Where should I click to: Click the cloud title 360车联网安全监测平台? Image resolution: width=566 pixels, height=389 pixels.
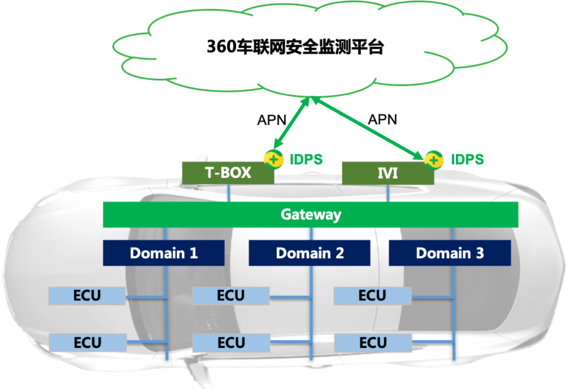click(294, 47)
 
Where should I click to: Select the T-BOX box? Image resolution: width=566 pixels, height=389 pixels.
click(228, 173)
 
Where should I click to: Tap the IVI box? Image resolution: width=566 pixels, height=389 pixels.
click(387, 173)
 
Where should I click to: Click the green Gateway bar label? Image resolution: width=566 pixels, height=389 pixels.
click(310, 214)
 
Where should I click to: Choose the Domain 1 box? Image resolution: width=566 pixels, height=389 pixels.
click(164, 253)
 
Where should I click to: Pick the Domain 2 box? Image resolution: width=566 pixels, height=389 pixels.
click(309, 253)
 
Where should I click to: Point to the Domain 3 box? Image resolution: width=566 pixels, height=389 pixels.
click(450, 253)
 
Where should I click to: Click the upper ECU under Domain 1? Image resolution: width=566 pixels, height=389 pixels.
click(87, 295)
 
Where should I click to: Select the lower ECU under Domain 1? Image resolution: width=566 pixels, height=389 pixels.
click(87, 343)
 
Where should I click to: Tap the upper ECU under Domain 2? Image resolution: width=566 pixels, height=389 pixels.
click(231, 295)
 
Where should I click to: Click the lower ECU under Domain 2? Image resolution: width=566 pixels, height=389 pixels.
click(231, 343)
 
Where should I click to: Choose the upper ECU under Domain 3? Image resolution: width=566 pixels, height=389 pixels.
click(372, 295)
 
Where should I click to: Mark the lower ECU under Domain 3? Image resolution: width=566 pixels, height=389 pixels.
click(372, 343)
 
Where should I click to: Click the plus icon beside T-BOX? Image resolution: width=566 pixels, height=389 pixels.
click(273, 159)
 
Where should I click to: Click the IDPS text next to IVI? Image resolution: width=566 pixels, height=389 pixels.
click(467, 159)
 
